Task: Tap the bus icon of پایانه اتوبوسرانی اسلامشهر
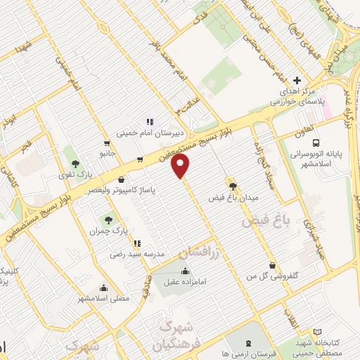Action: point(316,141)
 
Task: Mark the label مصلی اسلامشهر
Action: point(104,298)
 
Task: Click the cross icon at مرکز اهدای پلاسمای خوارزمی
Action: point(297,81)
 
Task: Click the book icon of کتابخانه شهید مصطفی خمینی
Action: point(317,331)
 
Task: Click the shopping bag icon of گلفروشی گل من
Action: point(272,266)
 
